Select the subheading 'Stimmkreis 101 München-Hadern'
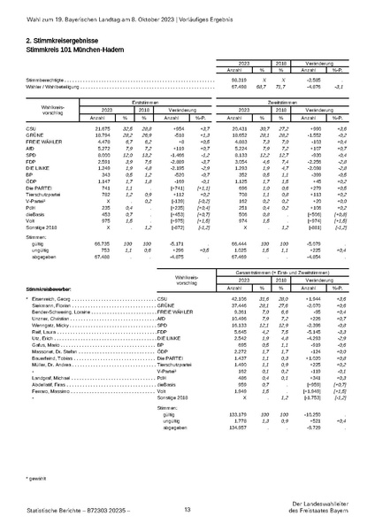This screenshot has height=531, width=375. click(75, 50)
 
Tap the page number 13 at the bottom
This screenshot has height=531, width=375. click(187, 509)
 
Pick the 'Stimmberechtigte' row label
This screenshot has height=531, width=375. click(44, 79)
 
